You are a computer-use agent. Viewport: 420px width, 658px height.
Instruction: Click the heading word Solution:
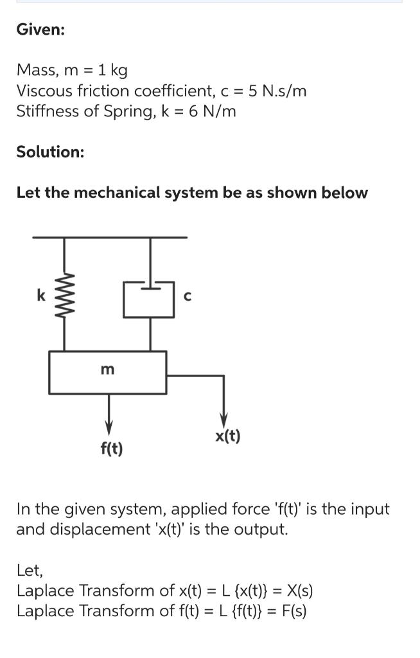click(50, 152)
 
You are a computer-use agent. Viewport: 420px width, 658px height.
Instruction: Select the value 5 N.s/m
click(277, 91)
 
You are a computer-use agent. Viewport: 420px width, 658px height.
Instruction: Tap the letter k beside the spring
click(40, 296)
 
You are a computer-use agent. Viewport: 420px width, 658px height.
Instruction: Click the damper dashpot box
click(150, 299)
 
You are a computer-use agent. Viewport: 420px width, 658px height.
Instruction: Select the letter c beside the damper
click(187, 296)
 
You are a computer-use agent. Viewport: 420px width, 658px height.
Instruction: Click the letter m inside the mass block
click(108, 369)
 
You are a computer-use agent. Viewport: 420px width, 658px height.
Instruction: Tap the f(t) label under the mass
click(112, 448)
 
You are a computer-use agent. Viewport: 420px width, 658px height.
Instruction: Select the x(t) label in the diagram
click(228, 437)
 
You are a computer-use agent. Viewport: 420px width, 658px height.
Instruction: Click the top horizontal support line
click(109, 237)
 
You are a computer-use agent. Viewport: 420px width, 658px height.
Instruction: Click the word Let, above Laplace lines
click(30, 570)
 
